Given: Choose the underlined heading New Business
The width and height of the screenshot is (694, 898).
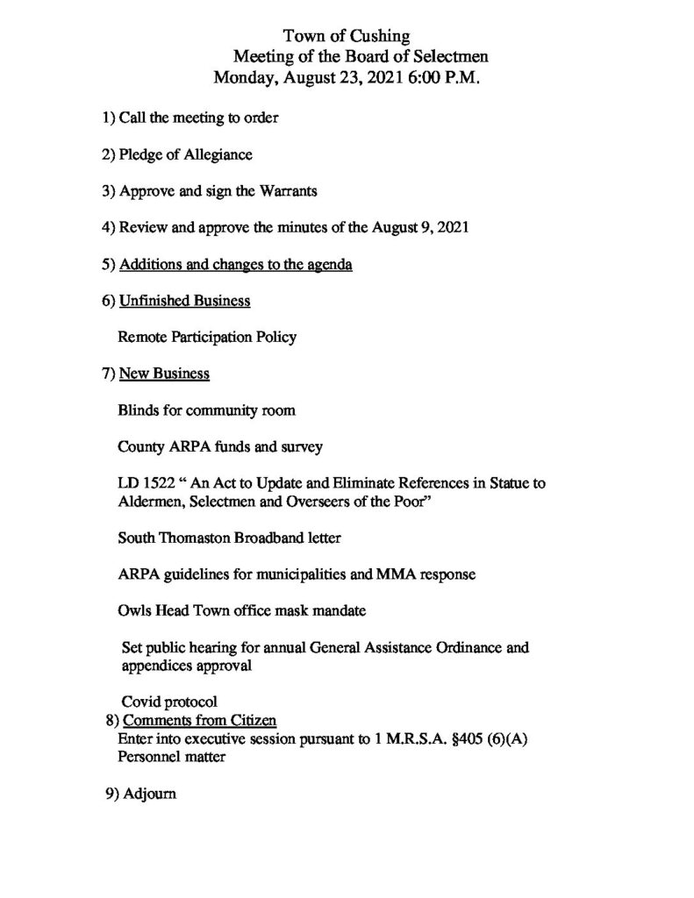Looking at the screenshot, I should [x=164, y=374].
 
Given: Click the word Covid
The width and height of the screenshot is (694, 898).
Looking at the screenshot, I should [x=140, y=702].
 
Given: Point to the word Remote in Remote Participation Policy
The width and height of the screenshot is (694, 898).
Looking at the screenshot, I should [x=142, y=337].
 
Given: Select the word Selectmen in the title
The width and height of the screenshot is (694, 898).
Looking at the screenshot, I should [x=442, y=56].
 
